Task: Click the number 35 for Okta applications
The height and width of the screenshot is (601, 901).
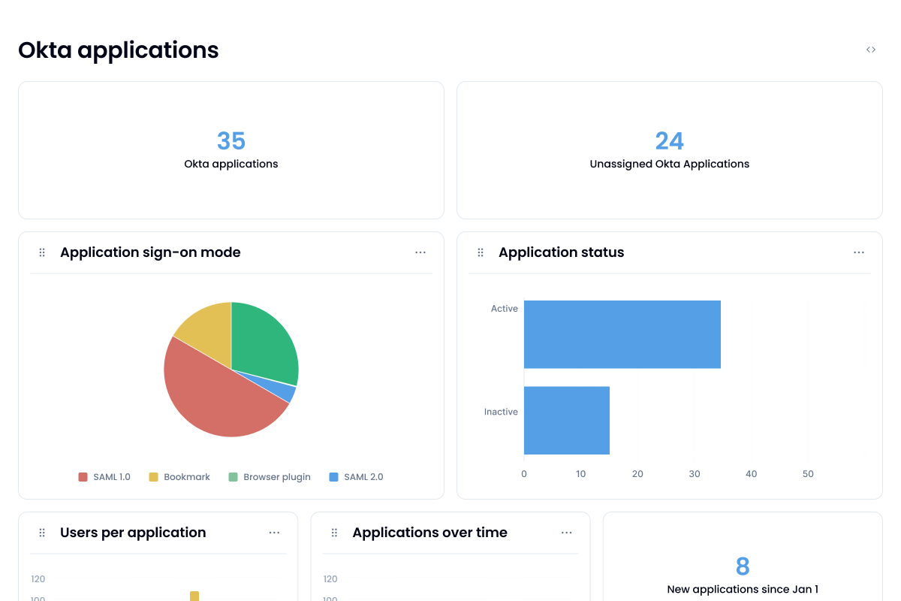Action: [x=231, y=141]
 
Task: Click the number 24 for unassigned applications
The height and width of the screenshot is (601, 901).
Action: [x=670, y=141]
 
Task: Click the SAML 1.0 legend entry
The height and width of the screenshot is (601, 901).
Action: [x=105, y=477]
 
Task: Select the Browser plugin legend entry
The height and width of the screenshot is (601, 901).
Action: [x=270, y=477]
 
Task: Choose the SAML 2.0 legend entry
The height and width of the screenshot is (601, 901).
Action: [x=357, y=477]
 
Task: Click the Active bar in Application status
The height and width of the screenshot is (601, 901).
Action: [x=622, y=334]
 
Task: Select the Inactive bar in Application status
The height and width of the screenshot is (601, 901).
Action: [x=566, y=421]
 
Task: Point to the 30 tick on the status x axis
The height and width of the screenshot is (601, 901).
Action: [x=695, y=474]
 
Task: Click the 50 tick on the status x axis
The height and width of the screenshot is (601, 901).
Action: [x=808, y=474]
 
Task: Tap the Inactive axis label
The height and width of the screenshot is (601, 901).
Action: [x=501, y=412]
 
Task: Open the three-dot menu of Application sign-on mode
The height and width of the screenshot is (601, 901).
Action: [x=420, y=252]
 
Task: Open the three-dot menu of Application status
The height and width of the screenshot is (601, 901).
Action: [x=859, y=252]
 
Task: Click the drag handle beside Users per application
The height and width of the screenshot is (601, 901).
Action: [x=42, y=533]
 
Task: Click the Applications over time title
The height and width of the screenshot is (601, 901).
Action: [x=429, y=533]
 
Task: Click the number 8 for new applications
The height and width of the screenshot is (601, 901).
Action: [x=743, y=566]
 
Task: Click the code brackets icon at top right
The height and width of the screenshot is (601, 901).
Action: [x=871, y=50]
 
